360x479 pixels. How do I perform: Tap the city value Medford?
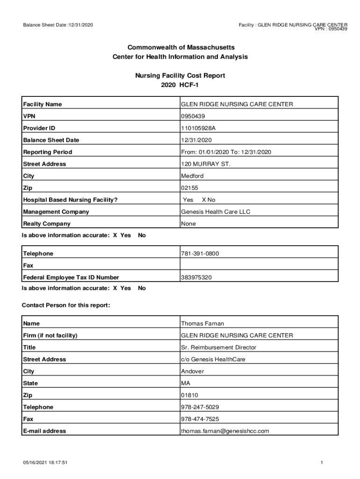[192, 176]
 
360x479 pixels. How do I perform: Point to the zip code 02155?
[189, 188]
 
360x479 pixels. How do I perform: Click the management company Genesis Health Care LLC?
[216, 212]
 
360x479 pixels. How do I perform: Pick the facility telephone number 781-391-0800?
[200, 254]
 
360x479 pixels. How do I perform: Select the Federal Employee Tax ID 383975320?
[196, 278]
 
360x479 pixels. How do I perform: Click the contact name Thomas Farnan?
[202, 324]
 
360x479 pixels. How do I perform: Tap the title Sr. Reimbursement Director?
[218, 348]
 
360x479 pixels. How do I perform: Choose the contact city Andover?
[192, 371]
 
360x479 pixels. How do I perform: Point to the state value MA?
[185, 384]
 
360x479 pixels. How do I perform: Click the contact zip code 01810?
[189, 395]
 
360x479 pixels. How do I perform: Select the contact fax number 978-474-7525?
[200, 419]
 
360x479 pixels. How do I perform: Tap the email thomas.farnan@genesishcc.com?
[225, 431]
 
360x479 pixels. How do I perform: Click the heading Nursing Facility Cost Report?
[180, 75]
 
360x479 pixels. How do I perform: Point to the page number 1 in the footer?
[322, 463]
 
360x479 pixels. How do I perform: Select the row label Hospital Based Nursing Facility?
[70, 200]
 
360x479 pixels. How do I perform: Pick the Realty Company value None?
[188, 224]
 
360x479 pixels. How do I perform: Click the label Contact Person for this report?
[66, 305]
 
